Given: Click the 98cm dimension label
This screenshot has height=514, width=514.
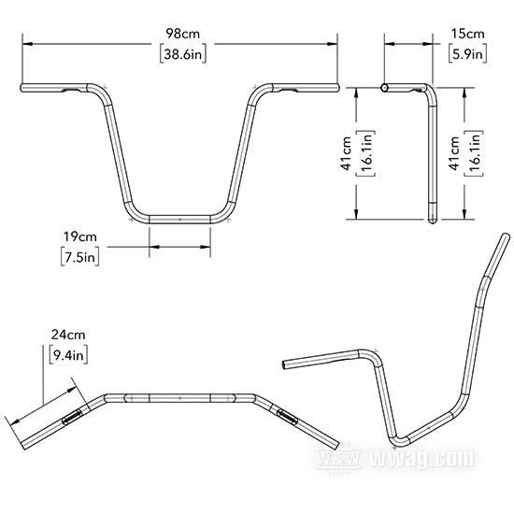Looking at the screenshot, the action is (x=182, y=34).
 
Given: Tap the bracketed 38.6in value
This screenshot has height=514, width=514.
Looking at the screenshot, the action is (x=183, y=54).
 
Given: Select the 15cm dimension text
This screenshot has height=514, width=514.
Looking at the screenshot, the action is (x=468, y=34).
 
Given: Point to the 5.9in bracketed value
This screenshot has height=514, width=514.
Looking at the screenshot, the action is (x=468, y=53).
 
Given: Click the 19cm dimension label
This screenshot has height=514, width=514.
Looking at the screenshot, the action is (x=80, y=236).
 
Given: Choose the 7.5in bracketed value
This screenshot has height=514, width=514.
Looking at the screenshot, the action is (x=80, y=257).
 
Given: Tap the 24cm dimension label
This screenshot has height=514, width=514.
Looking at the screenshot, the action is (x=68, y=335).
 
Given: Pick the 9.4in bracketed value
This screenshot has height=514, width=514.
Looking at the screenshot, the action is (x=68, y=355).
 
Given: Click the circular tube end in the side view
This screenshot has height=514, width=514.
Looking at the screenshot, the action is (x=385, y=88).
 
